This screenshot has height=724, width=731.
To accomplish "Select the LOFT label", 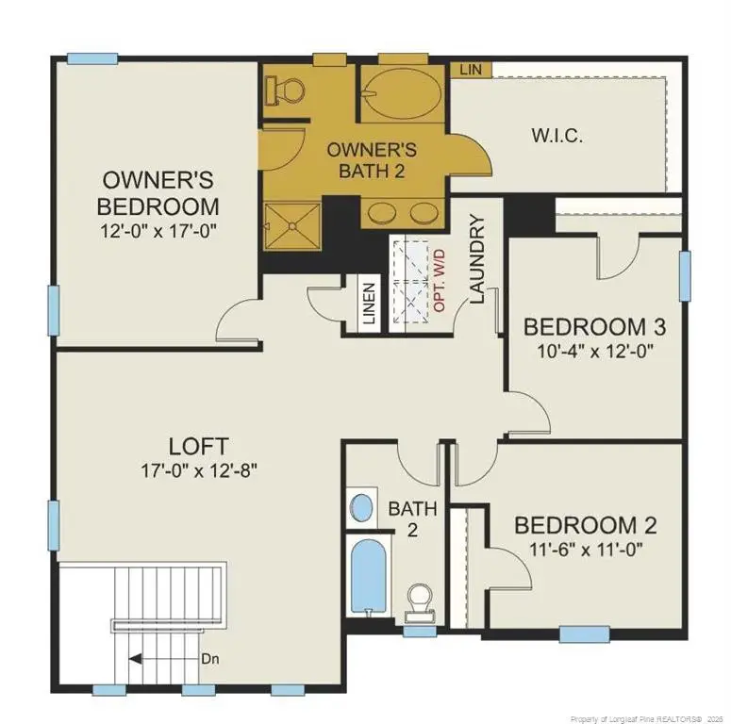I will [x=198, y=445].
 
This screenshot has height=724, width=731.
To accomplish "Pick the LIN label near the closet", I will [x=469, y=70].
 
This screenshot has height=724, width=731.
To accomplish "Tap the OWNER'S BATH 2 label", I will [x=371, y=159].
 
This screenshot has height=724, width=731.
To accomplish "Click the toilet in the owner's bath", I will [x=286, y=90].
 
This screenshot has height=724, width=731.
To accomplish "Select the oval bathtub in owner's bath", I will [x=396, y=94].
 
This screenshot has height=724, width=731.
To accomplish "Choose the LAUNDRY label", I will [x=477, y=260].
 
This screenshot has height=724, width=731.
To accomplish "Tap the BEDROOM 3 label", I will [x=594, y=327].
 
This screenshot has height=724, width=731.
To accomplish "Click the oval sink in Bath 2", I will [x=360, y=507].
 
